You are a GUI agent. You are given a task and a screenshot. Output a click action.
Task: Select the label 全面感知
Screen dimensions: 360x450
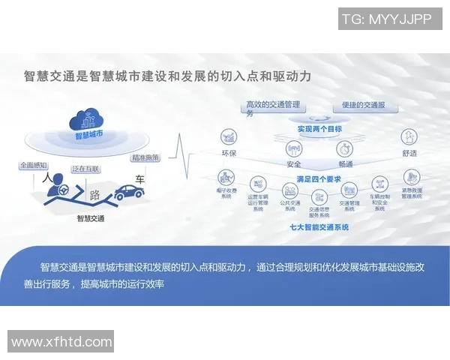34,165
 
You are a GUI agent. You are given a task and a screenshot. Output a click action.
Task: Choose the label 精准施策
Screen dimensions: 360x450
145,158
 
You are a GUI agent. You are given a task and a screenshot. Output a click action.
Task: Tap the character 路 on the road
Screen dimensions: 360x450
95,196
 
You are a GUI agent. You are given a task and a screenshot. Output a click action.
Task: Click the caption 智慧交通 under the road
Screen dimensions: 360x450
91,219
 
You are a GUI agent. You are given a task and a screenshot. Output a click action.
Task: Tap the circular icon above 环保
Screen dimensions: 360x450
229,137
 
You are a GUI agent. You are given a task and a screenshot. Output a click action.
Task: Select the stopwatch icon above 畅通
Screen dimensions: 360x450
345,148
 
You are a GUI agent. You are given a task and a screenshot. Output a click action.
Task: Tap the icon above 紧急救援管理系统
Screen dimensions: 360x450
412,177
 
